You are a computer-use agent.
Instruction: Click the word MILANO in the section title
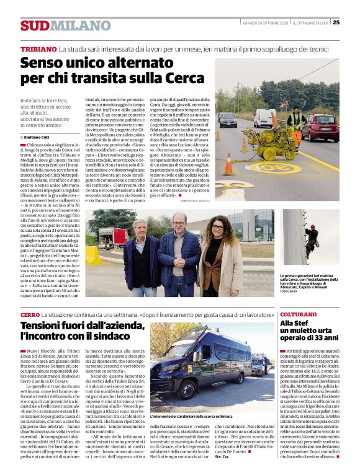(80, 25)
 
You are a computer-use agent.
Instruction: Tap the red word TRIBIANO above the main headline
(38, 48)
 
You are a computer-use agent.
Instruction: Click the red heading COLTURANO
(298, 315)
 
